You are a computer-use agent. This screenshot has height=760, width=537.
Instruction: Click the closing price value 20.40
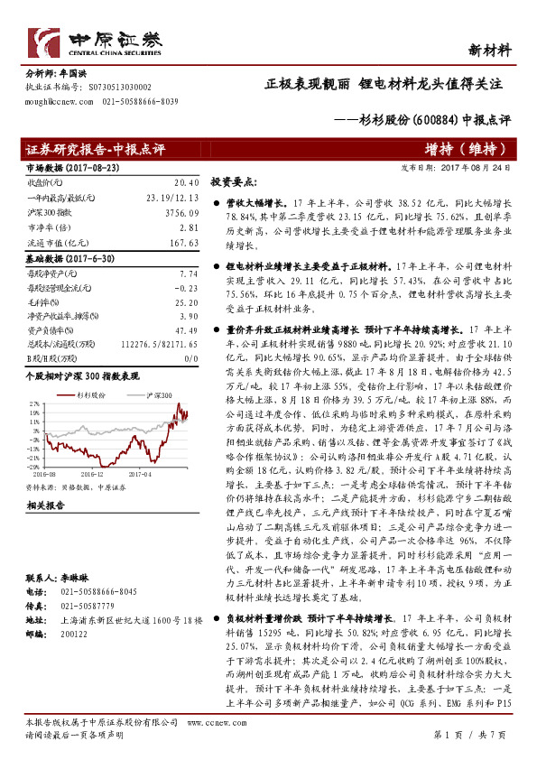(185, 181)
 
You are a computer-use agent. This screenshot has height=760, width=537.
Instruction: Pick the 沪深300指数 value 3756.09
(181, 212)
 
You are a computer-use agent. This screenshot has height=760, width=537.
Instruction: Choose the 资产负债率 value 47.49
(185, 330)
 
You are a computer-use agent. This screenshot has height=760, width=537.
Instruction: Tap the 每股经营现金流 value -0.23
(185, 286)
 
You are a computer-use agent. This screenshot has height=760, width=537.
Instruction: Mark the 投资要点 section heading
(234, 181)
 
